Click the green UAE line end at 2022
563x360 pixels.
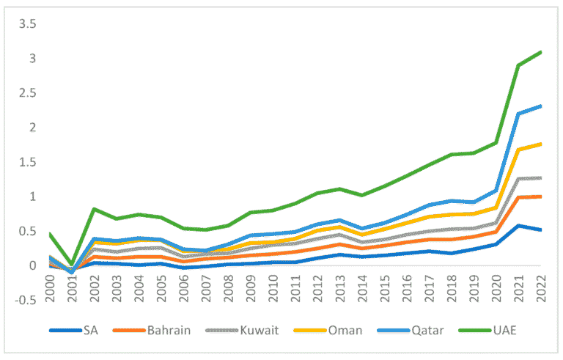541,52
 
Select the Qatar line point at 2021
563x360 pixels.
518,114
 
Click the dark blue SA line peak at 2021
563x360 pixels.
518,226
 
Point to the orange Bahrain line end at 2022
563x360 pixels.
541,196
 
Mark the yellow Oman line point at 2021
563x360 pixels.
518,150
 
